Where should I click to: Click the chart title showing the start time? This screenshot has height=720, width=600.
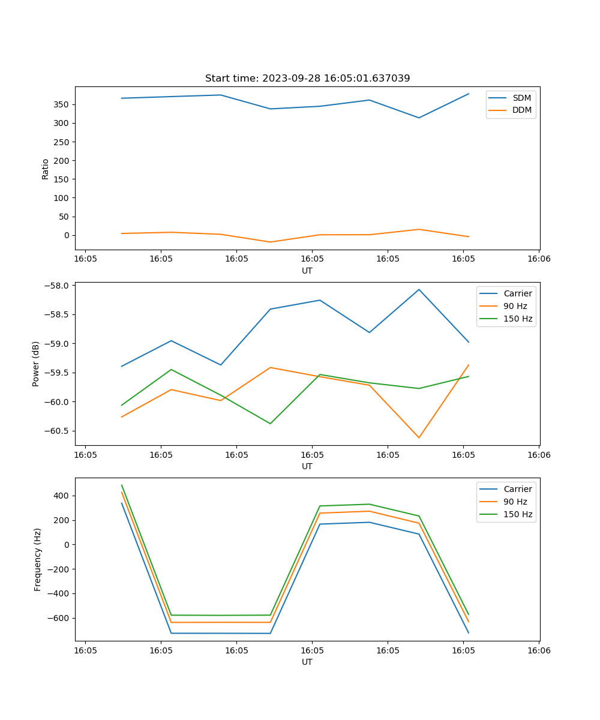click(307, 79)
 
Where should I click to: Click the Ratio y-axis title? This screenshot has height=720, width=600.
click(46, 169)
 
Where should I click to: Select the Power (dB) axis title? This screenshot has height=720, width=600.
click(36, 364)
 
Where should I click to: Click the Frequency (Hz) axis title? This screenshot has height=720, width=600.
click(38, 559)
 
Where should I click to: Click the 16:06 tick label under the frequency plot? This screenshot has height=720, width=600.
click(538, 650)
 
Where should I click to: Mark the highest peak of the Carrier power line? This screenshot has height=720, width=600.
click(419, 290)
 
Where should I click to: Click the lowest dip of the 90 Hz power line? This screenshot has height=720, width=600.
click(419, 437)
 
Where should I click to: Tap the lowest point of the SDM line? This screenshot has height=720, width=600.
click(419, 118)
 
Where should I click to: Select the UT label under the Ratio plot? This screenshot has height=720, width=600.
click(307, 271)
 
